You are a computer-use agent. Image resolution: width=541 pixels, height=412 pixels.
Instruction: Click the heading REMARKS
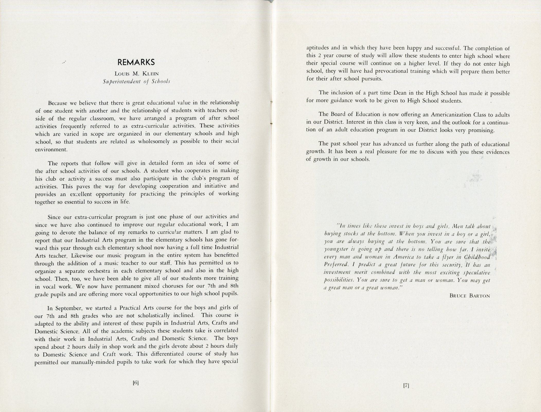[x=136, y=63]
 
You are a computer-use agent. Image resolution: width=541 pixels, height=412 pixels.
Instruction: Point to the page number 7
[x=406, y=393]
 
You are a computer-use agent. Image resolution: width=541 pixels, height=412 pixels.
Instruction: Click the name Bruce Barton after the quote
[x=469, y=296]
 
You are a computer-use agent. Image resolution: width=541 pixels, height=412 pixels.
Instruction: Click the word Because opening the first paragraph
[x=58, y=103]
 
